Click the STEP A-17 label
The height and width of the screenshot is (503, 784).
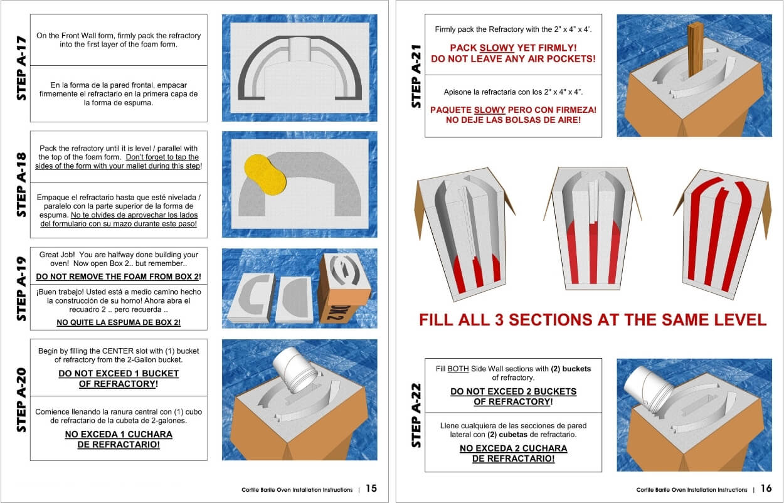tap(21, 68)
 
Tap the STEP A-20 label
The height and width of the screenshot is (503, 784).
tap(21, 400)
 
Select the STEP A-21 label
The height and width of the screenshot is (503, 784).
tap(416, 76)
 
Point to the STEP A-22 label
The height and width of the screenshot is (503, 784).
tap(416, 415)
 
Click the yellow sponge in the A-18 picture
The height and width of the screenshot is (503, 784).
tap(265, 174)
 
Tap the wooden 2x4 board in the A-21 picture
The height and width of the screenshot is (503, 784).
tap(696, 49)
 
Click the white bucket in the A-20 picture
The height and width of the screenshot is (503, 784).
tap(294, 370)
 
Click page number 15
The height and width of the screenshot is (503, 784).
tap(371, 489)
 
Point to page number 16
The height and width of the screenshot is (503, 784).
tap(766, 489)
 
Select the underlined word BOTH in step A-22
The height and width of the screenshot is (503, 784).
tap(458, 369)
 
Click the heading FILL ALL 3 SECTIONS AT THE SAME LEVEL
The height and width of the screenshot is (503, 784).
tap(593, 320)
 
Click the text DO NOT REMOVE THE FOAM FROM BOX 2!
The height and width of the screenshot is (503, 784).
tap(119, 277)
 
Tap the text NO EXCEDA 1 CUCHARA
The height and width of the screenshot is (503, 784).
tap(119, 434)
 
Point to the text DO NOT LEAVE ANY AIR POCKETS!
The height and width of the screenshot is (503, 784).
tap(513, 59)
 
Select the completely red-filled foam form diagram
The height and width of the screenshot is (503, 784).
tap(722, 235)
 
